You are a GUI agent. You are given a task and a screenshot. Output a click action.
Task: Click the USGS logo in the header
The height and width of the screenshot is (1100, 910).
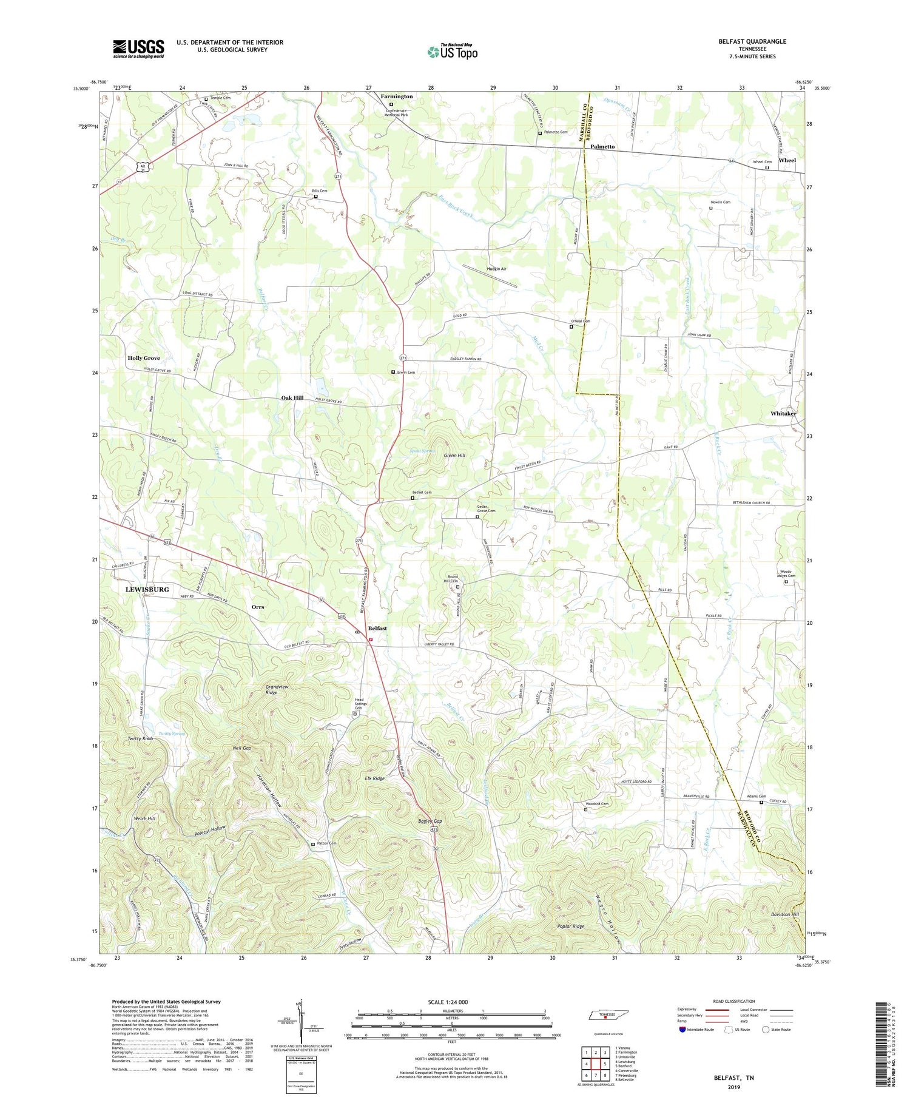138,49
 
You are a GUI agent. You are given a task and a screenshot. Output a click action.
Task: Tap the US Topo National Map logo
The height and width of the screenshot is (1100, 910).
452,52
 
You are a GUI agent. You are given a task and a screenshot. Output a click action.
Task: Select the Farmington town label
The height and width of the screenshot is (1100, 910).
397,96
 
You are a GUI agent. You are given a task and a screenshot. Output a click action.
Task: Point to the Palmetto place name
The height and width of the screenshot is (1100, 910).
602,147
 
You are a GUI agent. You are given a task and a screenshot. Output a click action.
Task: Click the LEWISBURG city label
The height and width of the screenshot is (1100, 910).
147,589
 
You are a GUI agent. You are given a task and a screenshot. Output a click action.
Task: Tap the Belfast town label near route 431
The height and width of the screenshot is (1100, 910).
377,629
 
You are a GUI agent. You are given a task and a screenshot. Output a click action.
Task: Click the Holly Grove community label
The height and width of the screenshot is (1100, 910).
144,358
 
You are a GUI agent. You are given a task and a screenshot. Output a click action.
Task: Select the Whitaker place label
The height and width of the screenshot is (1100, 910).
783,413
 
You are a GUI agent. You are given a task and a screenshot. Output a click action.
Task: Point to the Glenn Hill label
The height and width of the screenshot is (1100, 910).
454,455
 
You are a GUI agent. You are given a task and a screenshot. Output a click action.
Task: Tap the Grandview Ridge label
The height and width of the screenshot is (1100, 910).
280,689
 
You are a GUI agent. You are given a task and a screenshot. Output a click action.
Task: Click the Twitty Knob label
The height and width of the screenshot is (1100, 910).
140,738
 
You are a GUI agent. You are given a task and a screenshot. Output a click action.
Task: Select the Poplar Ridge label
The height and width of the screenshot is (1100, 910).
570,926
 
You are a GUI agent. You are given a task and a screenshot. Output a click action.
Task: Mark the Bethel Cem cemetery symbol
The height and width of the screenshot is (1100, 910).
413,498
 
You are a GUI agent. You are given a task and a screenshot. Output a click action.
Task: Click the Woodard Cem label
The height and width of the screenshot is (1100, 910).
599,804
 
